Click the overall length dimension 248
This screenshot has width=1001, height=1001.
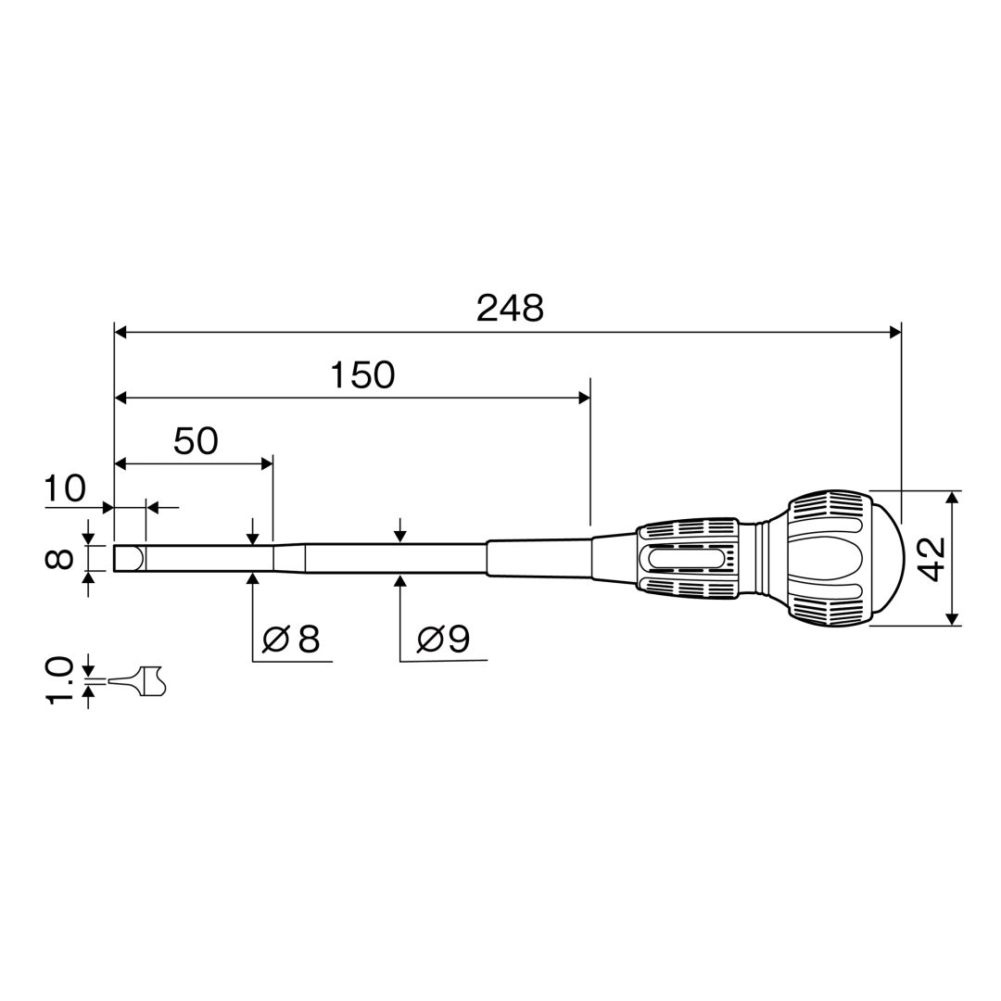510,309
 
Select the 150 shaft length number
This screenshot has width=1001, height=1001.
362,375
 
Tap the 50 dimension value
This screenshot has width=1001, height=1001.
196,440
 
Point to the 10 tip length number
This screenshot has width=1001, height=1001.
64,488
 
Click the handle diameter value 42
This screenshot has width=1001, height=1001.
932,559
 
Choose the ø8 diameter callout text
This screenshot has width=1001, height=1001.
291,639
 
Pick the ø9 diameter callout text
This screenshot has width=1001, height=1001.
443,639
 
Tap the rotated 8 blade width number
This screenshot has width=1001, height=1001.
58,559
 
